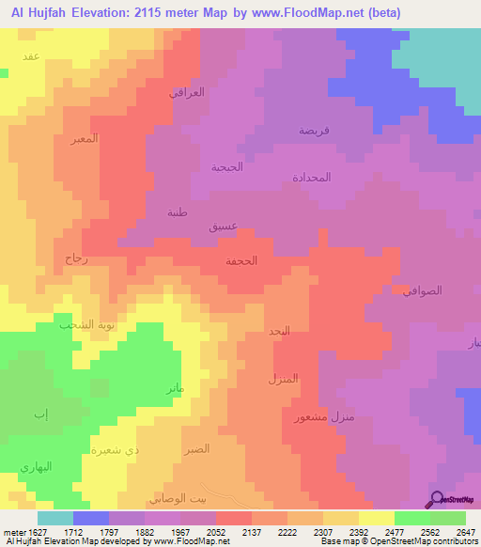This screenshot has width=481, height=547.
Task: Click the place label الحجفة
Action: pos(242,262)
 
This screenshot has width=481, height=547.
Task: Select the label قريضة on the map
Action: pos(313,131)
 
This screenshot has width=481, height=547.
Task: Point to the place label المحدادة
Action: pos(311,177)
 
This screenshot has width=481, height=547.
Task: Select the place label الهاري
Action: pos(37,467)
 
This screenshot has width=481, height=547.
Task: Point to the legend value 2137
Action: pos(253,531)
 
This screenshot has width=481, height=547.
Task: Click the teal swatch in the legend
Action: pos(55,518)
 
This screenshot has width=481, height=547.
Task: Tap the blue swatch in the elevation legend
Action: pos(91,518)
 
